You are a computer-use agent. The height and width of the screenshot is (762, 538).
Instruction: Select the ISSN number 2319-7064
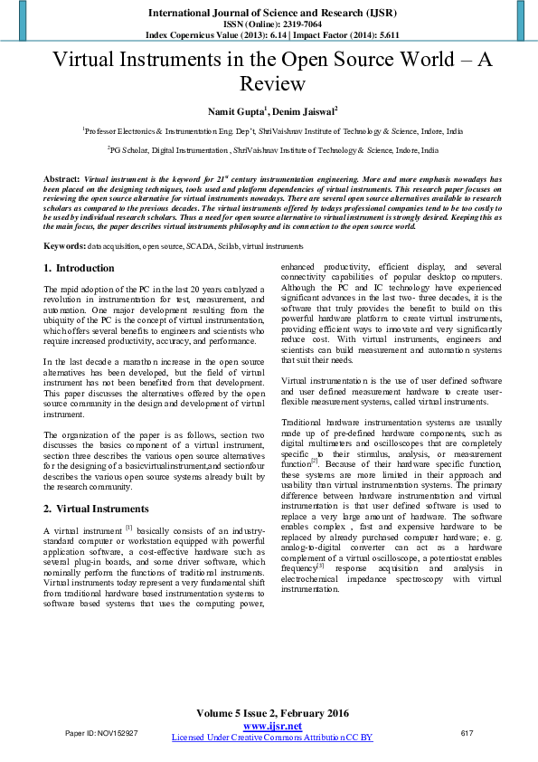coord(292,24)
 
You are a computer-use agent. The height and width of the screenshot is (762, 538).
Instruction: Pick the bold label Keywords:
coord(65,246)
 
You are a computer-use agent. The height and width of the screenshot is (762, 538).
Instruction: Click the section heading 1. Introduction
coord(80,268)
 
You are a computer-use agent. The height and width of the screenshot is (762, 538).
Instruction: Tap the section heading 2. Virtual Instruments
coord(97,509)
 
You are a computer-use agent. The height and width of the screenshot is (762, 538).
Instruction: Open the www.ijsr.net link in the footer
coord(271,727)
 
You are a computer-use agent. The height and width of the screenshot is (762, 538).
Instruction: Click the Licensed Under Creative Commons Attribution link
coord(271,738)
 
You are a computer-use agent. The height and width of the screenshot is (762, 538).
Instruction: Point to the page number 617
coord(467,733)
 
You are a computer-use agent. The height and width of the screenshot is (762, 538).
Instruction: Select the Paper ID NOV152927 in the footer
coord(100,733)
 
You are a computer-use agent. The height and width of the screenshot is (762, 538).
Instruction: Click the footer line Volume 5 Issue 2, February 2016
coord(271,714)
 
